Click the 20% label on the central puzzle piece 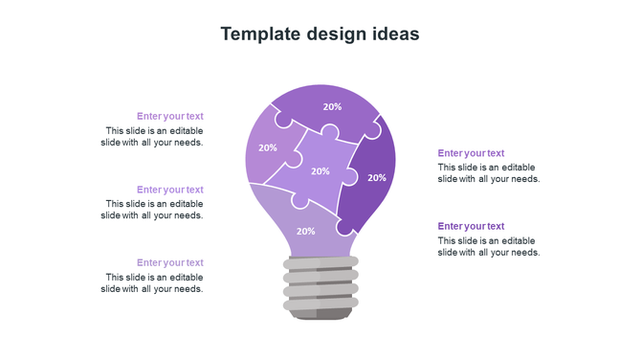(320, 171)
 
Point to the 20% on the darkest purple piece (377, 177)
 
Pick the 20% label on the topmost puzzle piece (332, 107)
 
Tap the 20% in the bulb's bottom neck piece (305, 231)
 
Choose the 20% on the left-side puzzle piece (268, 147)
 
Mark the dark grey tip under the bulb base (320, 313)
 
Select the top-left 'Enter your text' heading (170, 117)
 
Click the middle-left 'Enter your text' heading (170, 190)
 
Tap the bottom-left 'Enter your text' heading (170, 262)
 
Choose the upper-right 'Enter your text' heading (471, 153)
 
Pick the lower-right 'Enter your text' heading (471, 226)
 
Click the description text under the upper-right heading (489, 173)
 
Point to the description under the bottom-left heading (152, 282)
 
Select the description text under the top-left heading (152, 137)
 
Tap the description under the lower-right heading (489, 246)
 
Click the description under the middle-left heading (152, 210)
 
